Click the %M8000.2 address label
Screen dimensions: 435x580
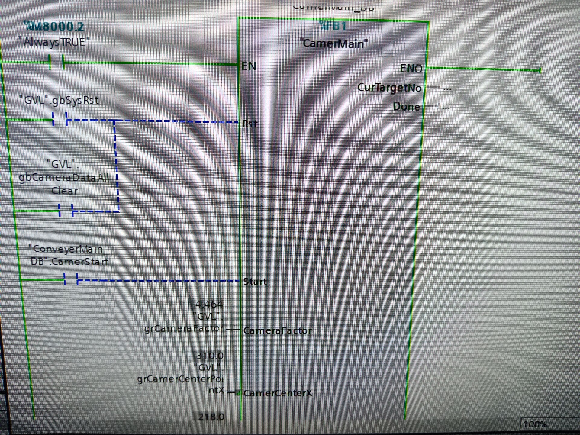coord(54,27)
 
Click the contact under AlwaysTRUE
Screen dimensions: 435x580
coord(57,63)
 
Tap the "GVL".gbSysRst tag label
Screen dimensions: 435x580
coord(59,100)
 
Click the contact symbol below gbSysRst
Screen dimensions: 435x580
coord(60,120)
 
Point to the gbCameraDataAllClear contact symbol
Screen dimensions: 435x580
coord(66,211)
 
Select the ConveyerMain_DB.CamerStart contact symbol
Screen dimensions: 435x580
coord(71,280)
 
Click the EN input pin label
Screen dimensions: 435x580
coord(249,66)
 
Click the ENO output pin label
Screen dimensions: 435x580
coord(411,69)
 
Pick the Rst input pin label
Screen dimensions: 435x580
coord(250,124)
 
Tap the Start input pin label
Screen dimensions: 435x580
coord(255,282)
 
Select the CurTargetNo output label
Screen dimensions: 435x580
coord(389,88)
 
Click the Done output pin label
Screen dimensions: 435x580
coord(406,107)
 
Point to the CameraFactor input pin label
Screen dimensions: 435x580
coord(277,331)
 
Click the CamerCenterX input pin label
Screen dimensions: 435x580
coord(278,393)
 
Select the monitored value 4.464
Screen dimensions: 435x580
coord(209,304)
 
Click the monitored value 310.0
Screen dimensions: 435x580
coord(210,356)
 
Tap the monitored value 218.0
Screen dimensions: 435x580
coord(211,417)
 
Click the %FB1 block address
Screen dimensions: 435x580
coord(333,26)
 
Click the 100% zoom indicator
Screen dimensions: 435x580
coord(535,424)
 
